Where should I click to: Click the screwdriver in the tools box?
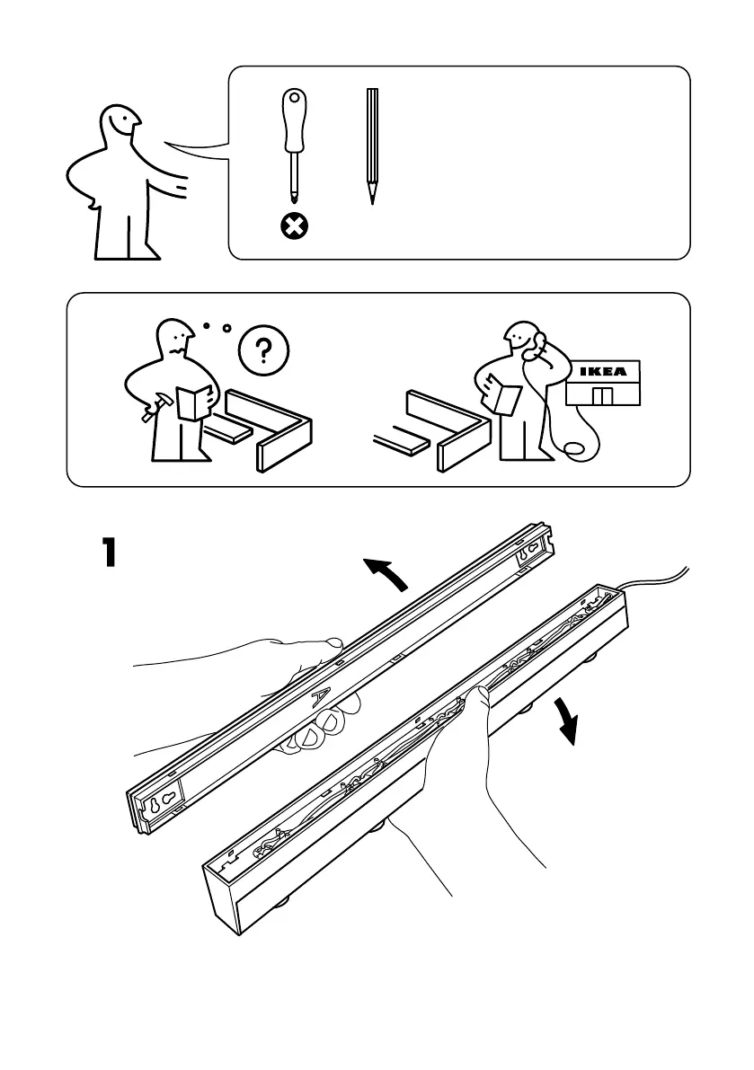[x=293, y=144]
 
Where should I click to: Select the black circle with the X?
[x=293, y=226]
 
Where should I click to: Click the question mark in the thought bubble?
[x=262, y=351]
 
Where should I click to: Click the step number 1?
[x=109, y=552]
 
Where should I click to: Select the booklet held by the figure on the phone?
[x=501, y=395]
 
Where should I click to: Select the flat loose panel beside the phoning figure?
[x=404, y=441]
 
